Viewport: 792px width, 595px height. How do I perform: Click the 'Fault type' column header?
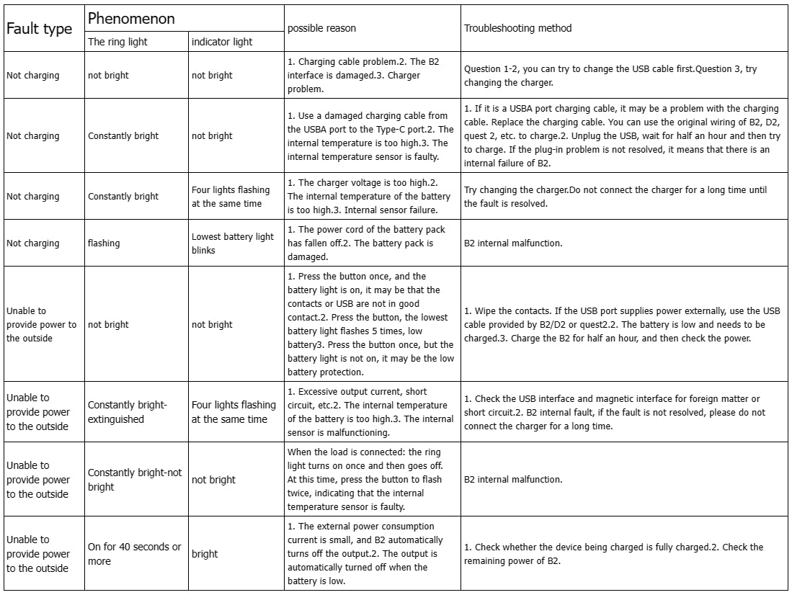tap(40, 29)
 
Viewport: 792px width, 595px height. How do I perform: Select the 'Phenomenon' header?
tap(131, 19)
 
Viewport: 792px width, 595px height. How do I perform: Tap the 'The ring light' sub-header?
tap(117, 42)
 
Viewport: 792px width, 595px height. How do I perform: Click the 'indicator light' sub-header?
tap(222, 42)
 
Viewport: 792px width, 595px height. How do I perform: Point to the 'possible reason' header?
tap(321, 28)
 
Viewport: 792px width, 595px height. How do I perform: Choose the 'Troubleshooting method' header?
tap(517, 28)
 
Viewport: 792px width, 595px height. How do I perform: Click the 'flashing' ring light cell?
tap(104, 243)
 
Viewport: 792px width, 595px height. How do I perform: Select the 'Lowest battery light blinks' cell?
tap(233, 243)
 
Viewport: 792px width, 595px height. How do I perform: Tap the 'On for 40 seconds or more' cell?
tap(134, 554)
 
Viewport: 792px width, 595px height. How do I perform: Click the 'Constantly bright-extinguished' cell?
tap(127, 412)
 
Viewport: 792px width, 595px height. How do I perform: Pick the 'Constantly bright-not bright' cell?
tap(135, 480)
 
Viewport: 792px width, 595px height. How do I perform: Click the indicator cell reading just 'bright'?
tap(205, 554)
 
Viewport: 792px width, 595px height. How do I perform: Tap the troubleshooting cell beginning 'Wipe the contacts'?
tap(622, 325)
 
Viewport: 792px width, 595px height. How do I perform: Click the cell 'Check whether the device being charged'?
tap(613, 554)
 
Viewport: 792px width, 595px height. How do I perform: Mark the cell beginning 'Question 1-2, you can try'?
tap(610, 76)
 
